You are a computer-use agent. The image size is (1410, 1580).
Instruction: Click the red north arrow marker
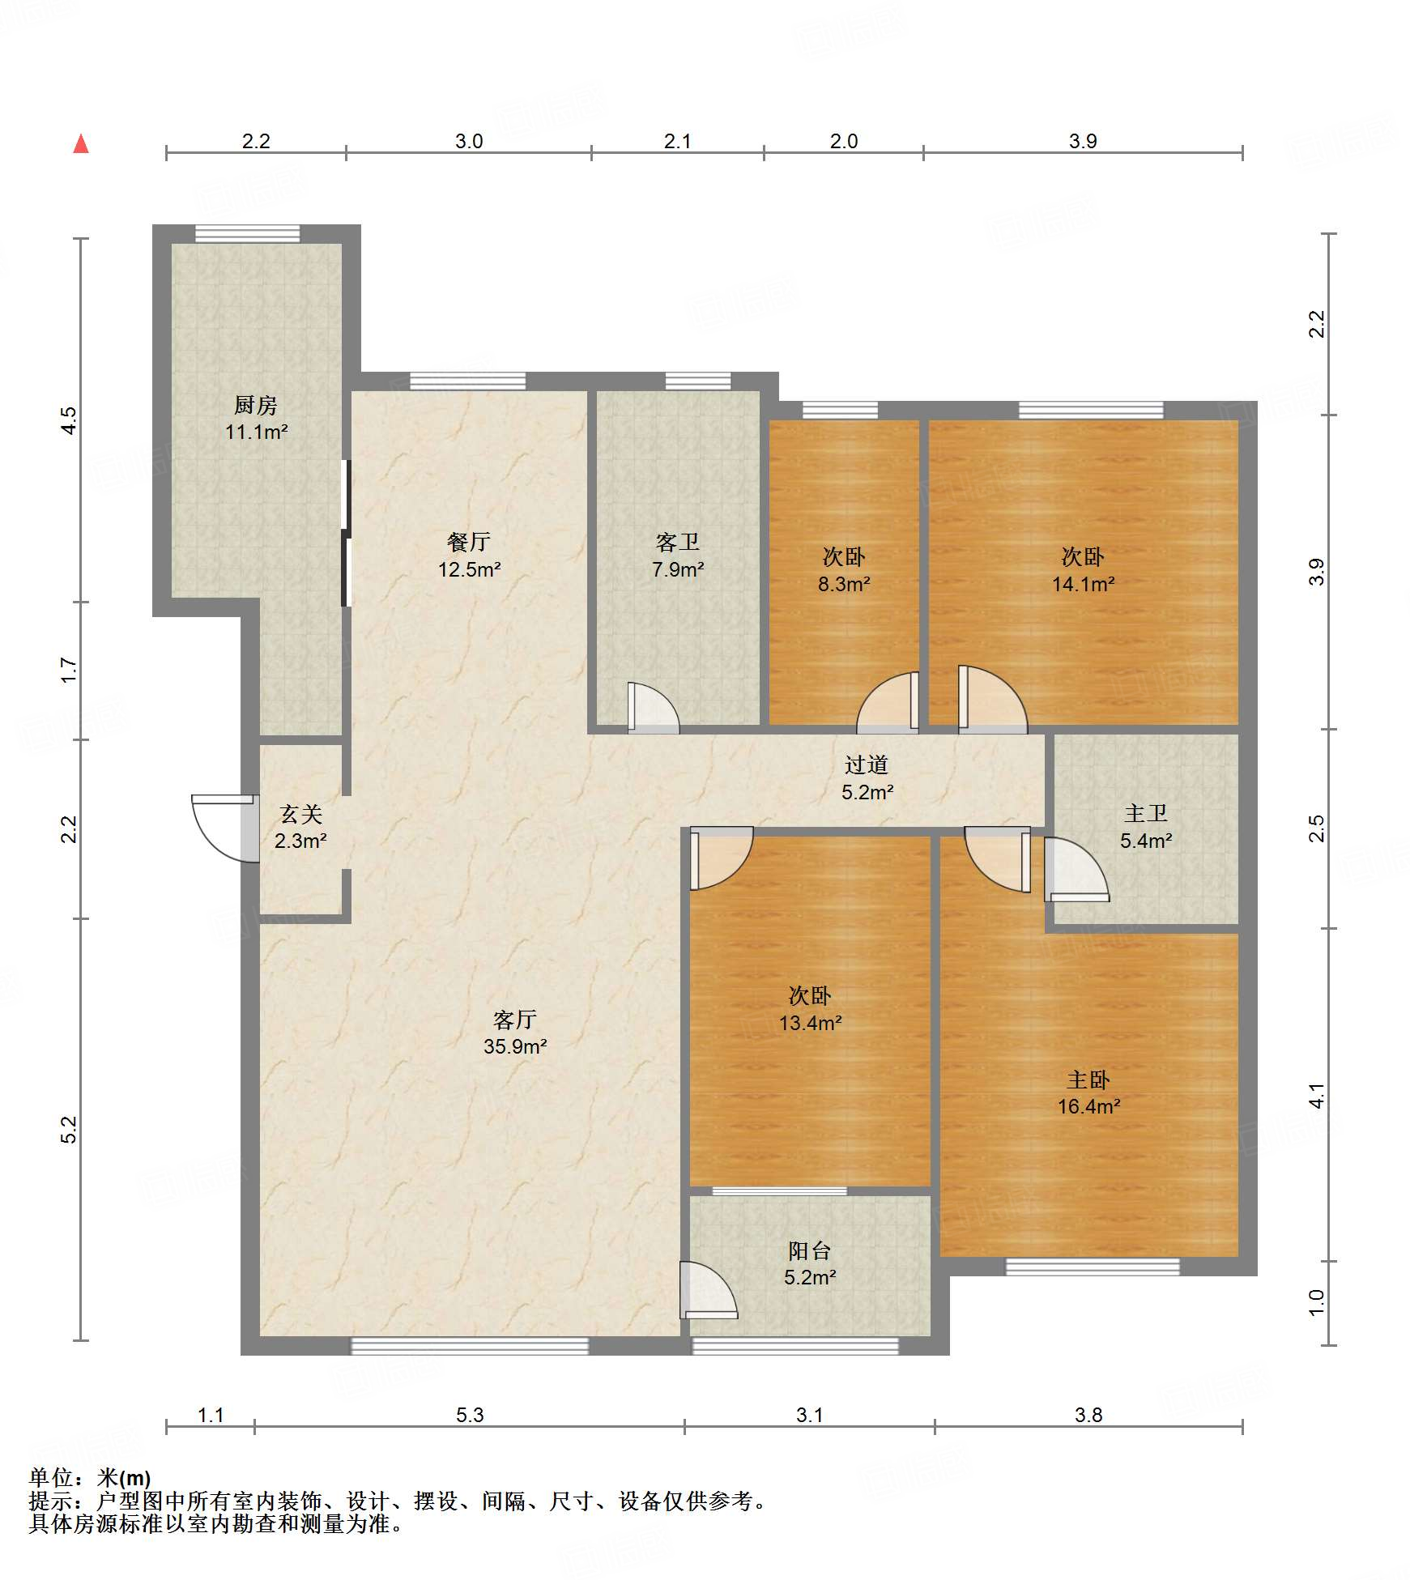tap(81, 143)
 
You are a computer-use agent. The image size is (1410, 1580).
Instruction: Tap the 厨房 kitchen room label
tap(256, 404)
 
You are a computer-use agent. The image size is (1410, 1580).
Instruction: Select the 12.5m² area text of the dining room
tap(470, 569)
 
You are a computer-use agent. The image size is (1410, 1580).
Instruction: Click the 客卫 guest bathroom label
tap(678, 542)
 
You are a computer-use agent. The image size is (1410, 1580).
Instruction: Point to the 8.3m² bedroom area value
tap(844, 584)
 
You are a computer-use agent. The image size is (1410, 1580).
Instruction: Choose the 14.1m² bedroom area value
tap(1084, 584)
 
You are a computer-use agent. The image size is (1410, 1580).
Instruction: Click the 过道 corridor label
tap(867, 764)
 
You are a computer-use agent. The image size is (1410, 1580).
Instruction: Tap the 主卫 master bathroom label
tap(1146, 813)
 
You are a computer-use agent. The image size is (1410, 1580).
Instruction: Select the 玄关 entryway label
tap(301, 814)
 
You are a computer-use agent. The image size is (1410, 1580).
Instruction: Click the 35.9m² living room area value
tap(515, 1046)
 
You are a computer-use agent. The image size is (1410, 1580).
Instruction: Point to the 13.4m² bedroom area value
tap(811, 1023)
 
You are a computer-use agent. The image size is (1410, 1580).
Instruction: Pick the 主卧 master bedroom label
tap(1088, 1080)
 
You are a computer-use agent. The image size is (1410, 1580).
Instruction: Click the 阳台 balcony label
tap(810, 1251)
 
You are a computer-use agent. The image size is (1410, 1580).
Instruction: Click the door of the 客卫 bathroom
tap(653, 708)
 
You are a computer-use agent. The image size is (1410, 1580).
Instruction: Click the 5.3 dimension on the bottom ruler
tap(470, 1415)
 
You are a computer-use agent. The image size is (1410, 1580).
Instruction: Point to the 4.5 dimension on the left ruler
tap(70, 420)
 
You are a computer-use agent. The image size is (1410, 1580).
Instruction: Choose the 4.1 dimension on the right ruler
tap(1318, 1095)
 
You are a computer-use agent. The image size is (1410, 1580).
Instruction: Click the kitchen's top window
tap(248, 234)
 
